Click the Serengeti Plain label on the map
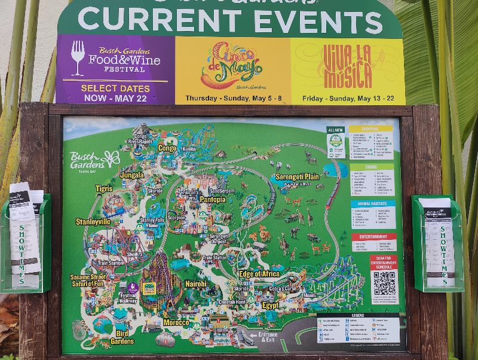[x=297, y=176]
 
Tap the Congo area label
[x=167, y=148]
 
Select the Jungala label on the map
[x=132, y=175]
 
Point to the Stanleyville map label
[x=93, y=221]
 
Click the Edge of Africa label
[x=259, y=274]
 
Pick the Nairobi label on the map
[x=195, y=284]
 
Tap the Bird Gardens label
[x=122, y=337]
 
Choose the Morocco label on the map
[x=176, y=322]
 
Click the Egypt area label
[x=270, y=305]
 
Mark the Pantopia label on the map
[x=213, y=199]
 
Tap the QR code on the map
[x=384, y=283]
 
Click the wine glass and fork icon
[x=78, y=58]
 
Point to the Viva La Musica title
[x=347, y=65]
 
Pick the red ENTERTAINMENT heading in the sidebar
[x=374, y=237]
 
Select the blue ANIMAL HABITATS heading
[x=373, y=204]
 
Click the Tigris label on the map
[x=104, y=188]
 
